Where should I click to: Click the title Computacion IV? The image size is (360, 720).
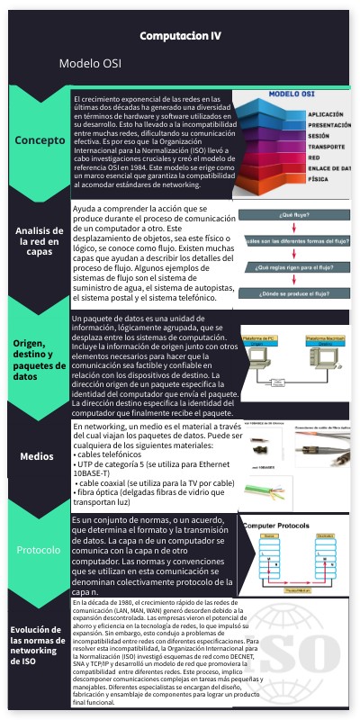pyautogui.click(x=180, y=35)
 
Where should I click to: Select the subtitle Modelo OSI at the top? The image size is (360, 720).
pyautogui.click(x=90, y=65)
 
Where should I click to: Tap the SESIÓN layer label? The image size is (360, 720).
pyautogui.click(x=319, y=136)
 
